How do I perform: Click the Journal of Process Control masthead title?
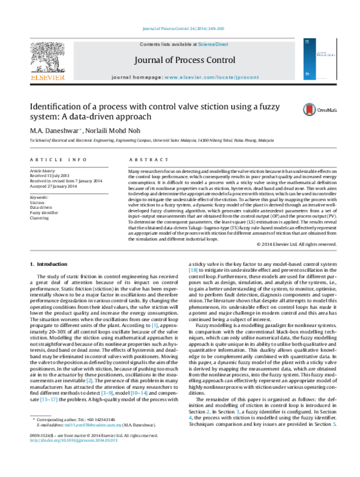(179, 59)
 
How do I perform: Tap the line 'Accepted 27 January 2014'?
(53, 186)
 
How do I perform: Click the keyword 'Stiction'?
(37, 203)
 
